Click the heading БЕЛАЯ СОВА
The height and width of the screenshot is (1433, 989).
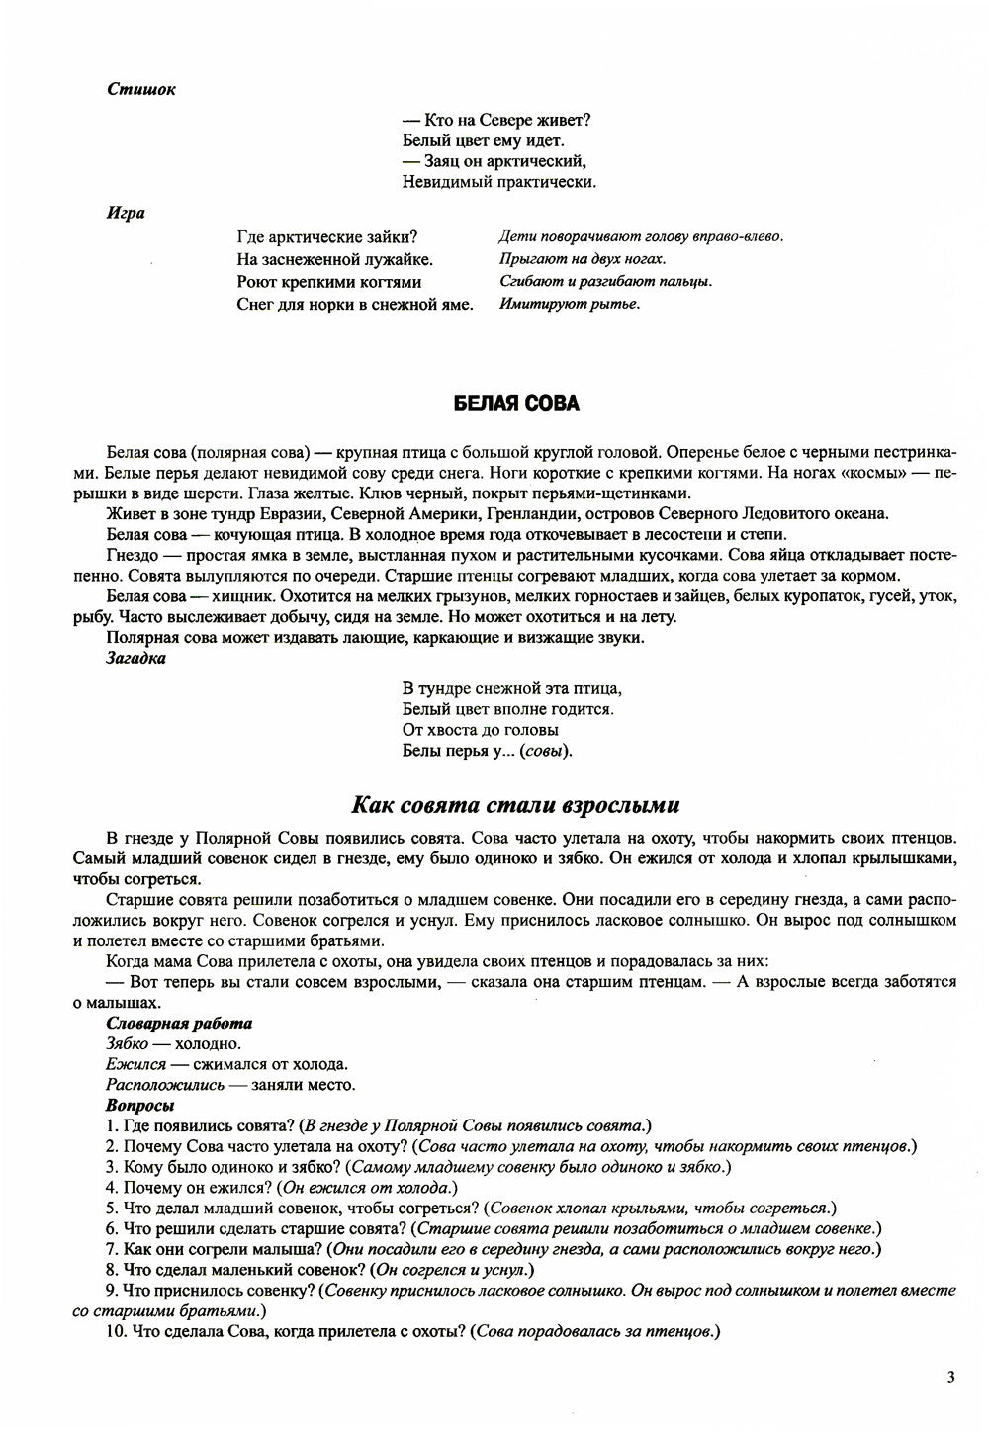coord(516,403)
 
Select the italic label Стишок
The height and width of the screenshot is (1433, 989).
coord(141,89)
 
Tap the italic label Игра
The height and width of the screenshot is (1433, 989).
coord(126,213)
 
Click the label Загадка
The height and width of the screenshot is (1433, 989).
coord(136,658)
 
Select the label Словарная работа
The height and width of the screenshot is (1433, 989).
coord(179,1024)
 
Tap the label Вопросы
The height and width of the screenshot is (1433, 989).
coord(139,1105)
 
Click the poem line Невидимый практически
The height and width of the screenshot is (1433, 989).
coord(499,182)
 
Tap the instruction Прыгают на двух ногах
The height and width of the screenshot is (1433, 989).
coord(583,260)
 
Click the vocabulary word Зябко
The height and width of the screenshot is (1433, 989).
coord(127,1043)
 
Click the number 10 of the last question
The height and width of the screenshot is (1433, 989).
coord(113,1332)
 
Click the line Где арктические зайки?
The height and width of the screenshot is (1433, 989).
coord(327,237)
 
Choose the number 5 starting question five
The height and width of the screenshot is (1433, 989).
coord(110,1208)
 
